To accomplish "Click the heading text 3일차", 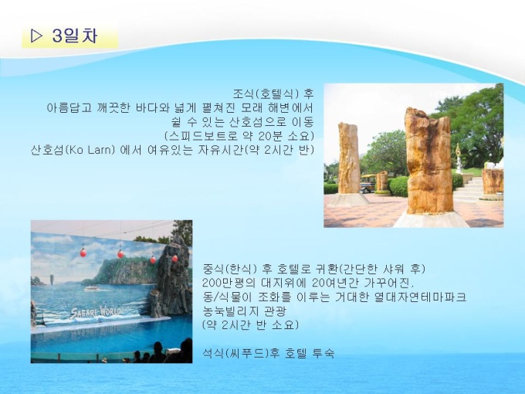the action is tap(75, 36).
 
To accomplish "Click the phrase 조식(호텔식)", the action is tap(266, 93).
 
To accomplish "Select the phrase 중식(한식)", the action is tap(230, 268).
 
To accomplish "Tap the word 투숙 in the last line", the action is tap(323, 353).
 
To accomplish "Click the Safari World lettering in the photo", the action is tap(96, 312).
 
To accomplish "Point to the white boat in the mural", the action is tap(92, 288).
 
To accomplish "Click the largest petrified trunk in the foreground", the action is tap(429, 161).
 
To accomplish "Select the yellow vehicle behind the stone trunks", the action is tap(367, 183).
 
